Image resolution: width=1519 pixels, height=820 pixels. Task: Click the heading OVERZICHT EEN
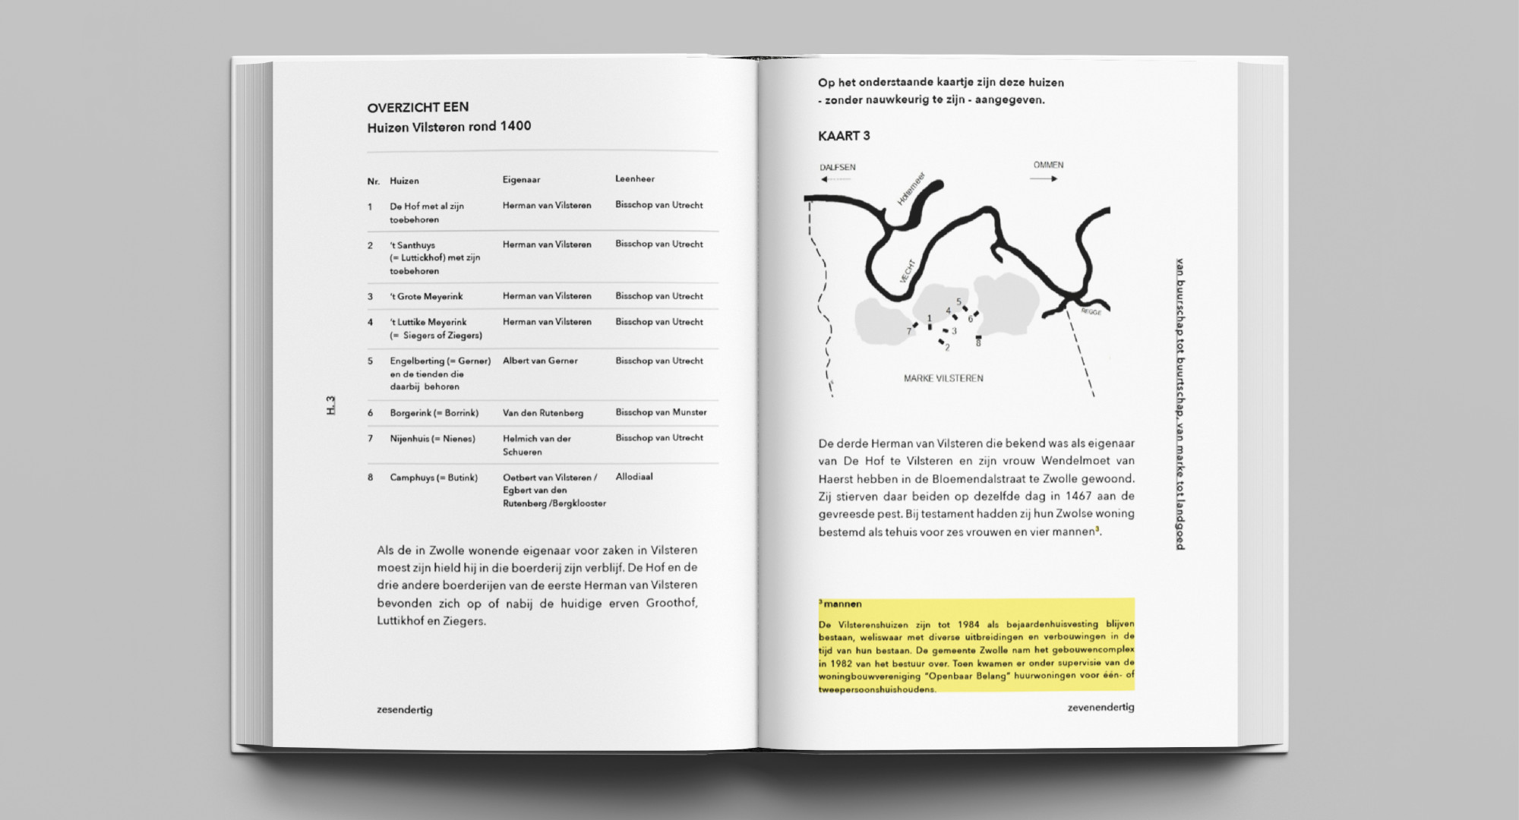[418, 107]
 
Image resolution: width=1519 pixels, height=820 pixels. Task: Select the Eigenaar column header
[521, 180]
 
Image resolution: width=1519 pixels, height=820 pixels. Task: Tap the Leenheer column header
[634, 179]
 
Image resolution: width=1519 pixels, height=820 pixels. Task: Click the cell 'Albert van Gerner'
[540, 361]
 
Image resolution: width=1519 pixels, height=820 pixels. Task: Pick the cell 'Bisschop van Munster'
[661, 412]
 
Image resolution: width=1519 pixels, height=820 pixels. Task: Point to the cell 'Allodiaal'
[633, 477]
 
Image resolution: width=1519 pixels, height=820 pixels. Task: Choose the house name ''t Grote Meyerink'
[426, 296]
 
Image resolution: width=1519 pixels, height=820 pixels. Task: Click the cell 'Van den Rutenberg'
[542, 413]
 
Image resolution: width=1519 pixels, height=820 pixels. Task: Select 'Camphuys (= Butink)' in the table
[434, 478]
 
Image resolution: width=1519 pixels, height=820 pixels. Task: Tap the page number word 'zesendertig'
[404, 710]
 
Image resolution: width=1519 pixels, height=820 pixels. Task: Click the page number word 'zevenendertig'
[1101, 708]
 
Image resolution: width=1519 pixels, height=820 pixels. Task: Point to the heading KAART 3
[844, 136]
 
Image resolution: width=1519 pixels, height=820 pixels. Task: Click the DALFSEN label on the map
[837, 167]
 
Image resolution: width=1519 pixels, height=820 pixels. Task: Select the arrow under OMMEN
[1043, 179]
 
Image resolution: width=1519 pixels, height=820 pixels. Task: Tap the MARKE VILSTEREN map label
[943, 378]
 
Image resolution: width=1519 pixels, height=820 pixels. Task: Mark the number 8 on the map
[978, 344]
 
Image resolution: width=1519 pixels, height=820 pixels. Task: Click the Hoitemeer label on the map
[911, 188]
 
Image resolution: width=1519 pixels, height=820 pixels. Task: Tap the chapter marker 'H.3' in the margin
[330, 405]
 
